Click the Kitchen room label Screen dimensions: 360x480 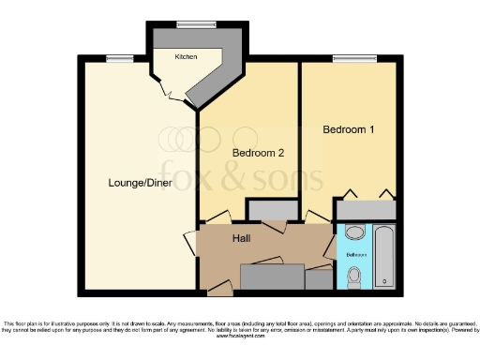pos(186,58)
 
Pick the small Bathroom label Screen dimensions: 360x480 pos(356,254)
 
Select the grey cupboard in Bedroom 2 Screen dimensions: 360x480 pos(266,210)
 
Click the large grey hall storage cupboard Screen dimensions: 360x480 pos(273,277)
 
